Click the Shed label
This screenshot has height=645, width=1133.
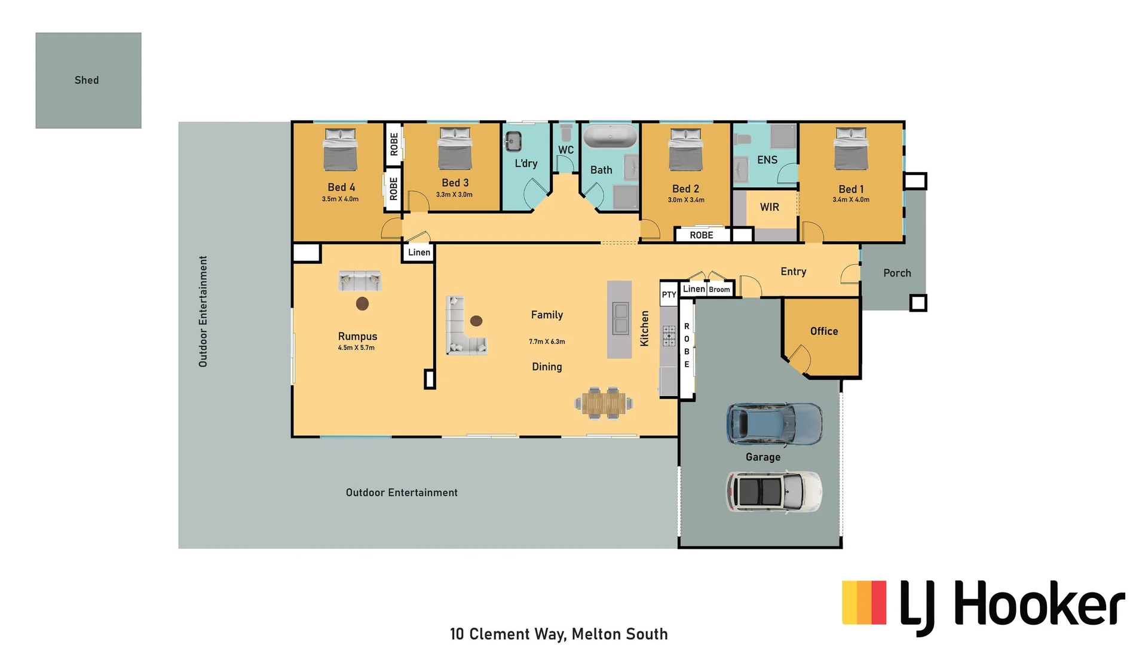(x=87, y=80)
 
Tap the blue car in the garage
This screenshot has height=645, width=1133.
(x=774, y=424)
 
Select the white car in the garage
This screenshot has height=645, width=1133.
(x=774, y=492)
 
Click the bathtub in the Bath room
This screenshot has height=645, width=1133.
(x=610, y=136)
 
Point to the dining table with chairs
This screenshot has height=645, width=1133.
(x=604, y=403)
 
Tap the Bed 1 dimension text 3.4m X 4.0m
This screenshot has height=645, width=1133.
(x=851, y=199)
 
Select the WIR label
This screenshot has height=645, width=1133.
(x=769, y=207)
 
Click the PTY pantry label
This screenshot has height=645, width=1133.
(x=669, y=294)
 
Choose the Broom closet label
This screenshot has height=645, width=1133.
(x=719, y=290)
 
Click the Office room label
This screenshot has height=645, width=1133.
(x=824, y=331)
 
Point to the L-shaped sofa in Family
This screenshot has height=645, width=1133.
(x=463, y=328)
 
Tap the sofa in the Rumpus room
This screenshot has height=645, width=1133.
(x=360, y=279)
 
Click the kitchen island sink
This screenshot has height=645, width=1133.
(x=620, y=318)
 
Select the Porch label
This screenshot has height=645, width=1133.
(x=897, y=273)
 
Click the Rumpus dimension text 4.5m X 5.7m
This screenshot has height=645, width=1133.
(x=356, y=348)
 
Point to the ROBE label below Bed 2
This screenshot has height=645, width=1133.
(x=702, y=235)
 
